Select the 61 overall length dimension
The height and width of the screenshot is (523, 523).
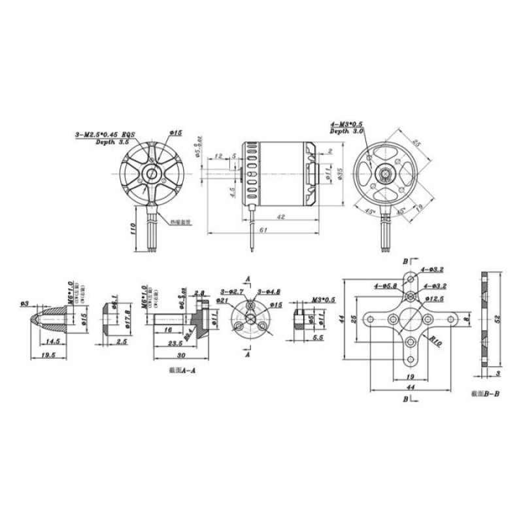263,229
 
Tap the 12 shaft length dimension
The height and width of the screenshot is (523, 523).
219,155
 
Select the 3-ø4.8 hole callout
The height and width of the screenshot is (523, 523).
269,292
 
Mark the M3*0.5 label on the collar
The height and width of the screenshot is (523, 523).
323,299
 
